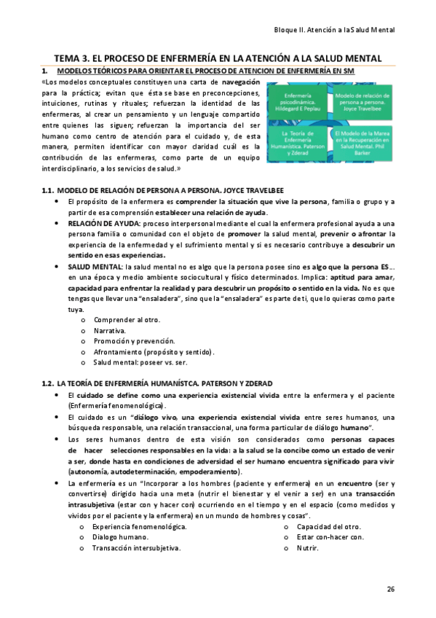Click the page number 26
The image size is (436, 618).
pos(390,589)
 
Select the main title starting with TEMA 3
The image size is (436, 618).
pos(218,58)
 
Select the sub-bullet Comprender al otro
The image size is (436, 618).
pos(127,320)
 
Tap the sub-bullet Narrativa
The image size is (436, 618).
pos(110,330)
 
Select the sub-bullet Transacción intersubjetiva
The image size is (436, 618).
pos(136,547)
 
